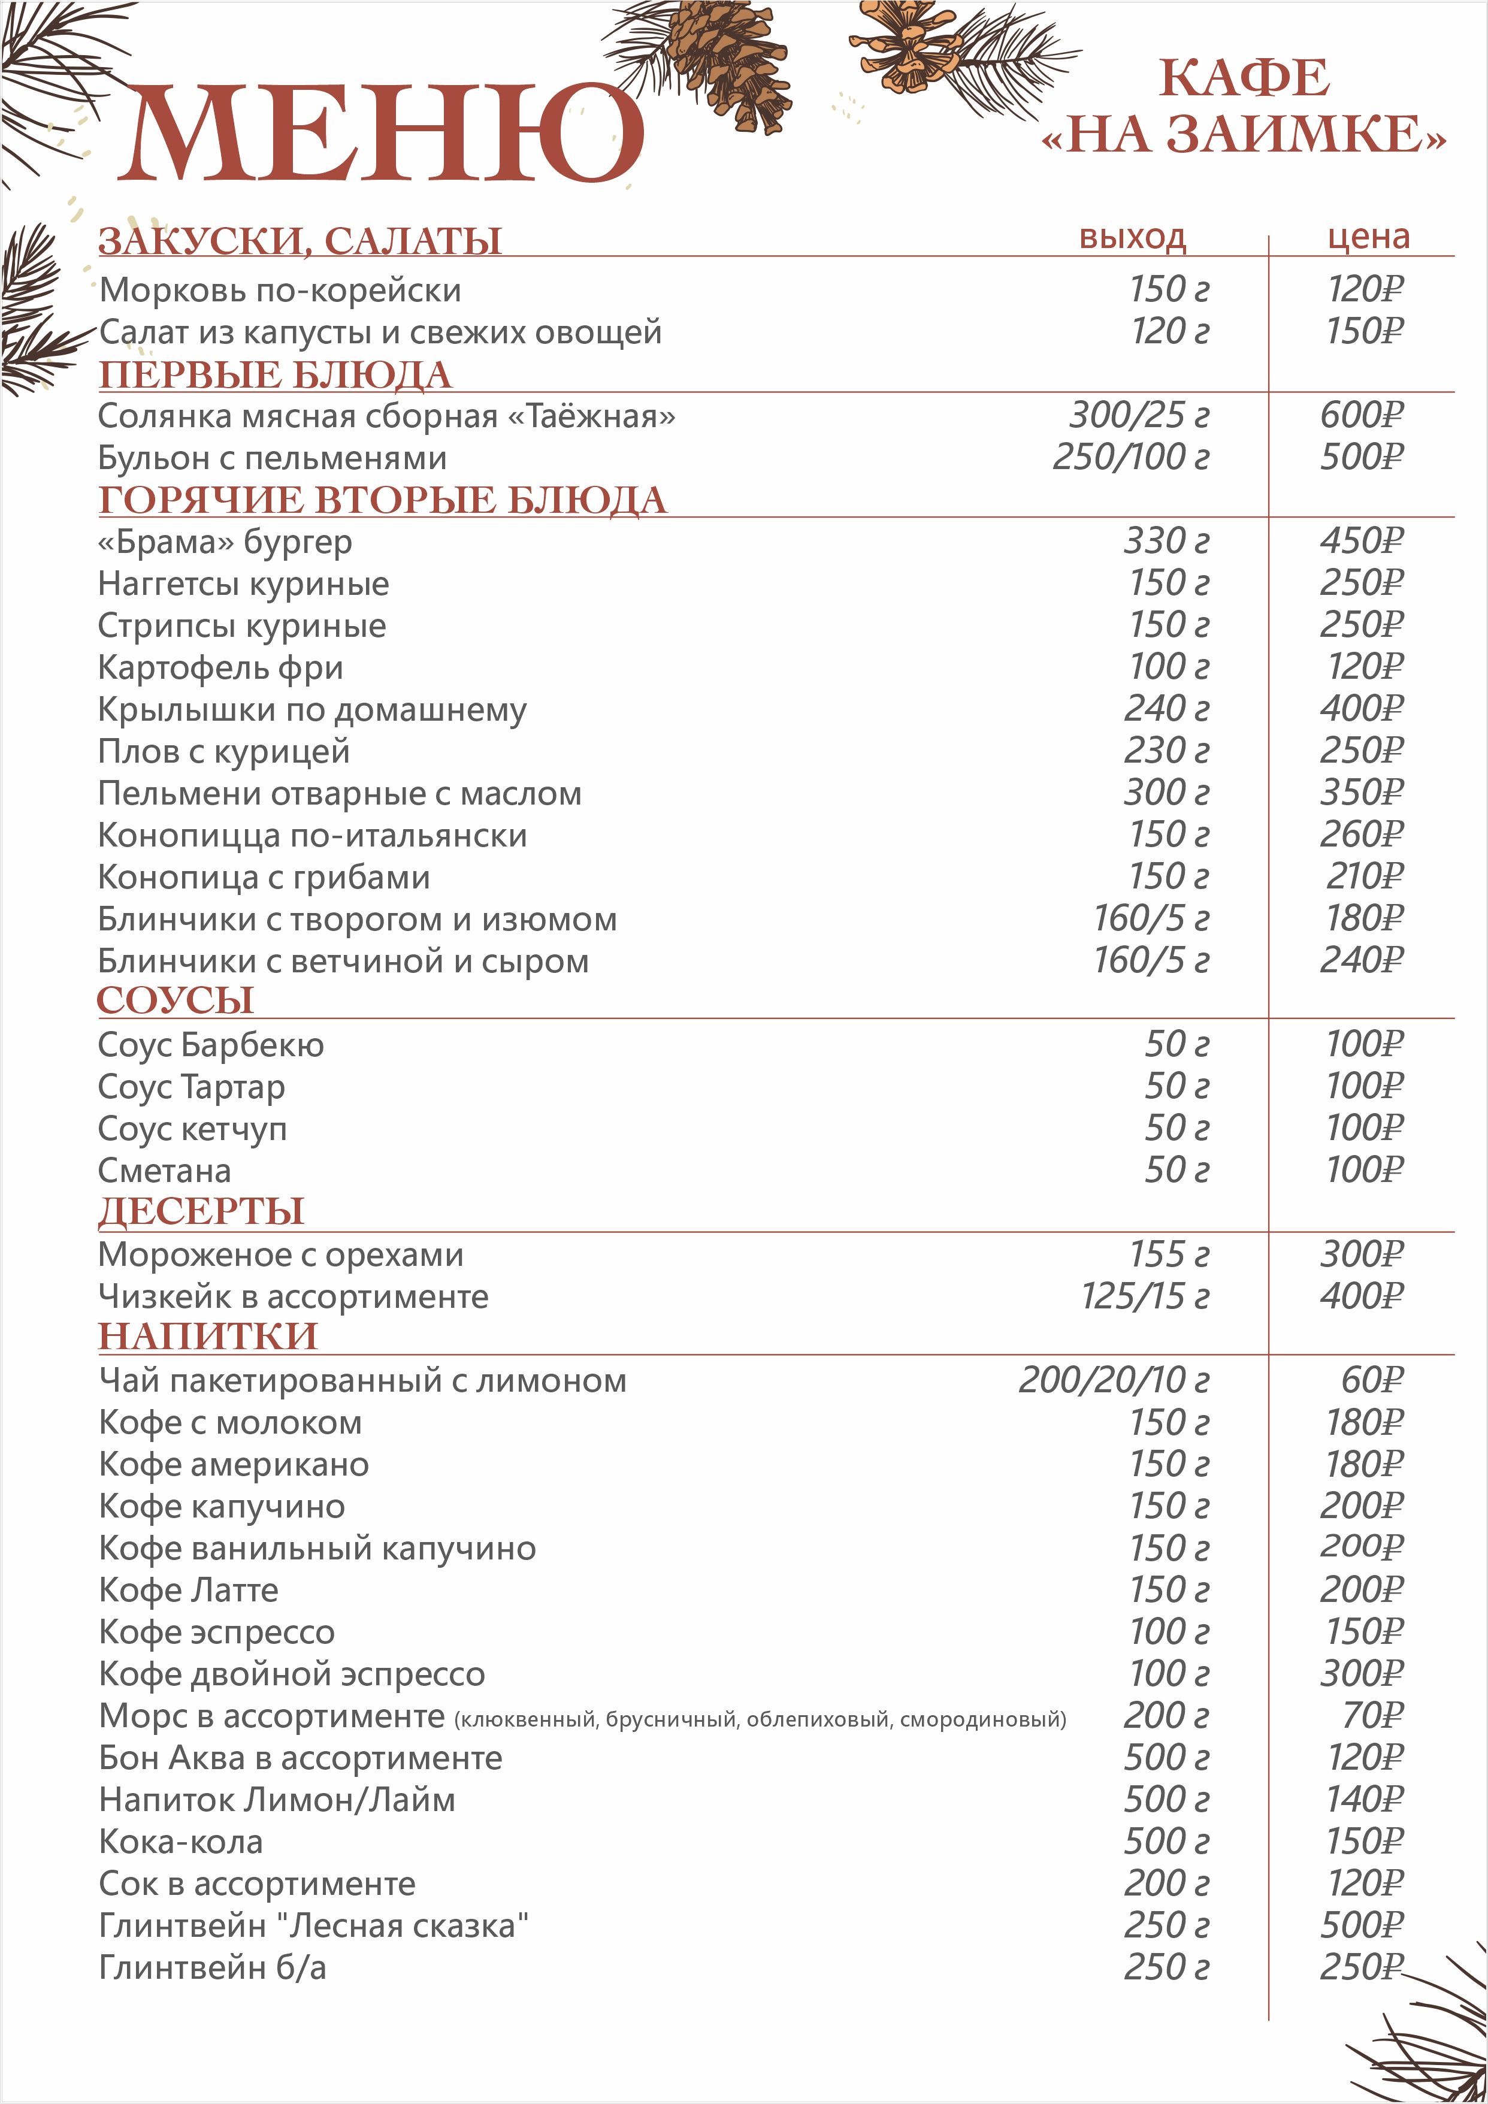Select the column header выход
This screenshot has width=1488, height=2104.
click(1133, 237)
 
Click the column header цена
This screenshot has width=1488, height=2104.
click(1368, 237)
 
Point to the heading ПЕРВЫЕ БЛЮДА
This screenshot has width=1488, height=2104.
click(275, 375)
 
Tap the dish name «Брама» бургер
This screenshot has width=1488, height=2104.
click(225, 542)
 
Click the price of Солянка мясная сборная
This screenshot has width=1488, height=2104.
click(1362, 415)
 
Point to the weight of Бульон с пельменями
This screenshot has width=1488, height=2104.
click(1130, 457)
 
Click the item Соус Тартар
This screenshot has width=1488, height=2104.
click(192, 1087)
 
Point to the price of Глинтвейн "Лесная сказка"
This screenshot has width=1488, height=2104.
click(1362, 1925)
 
